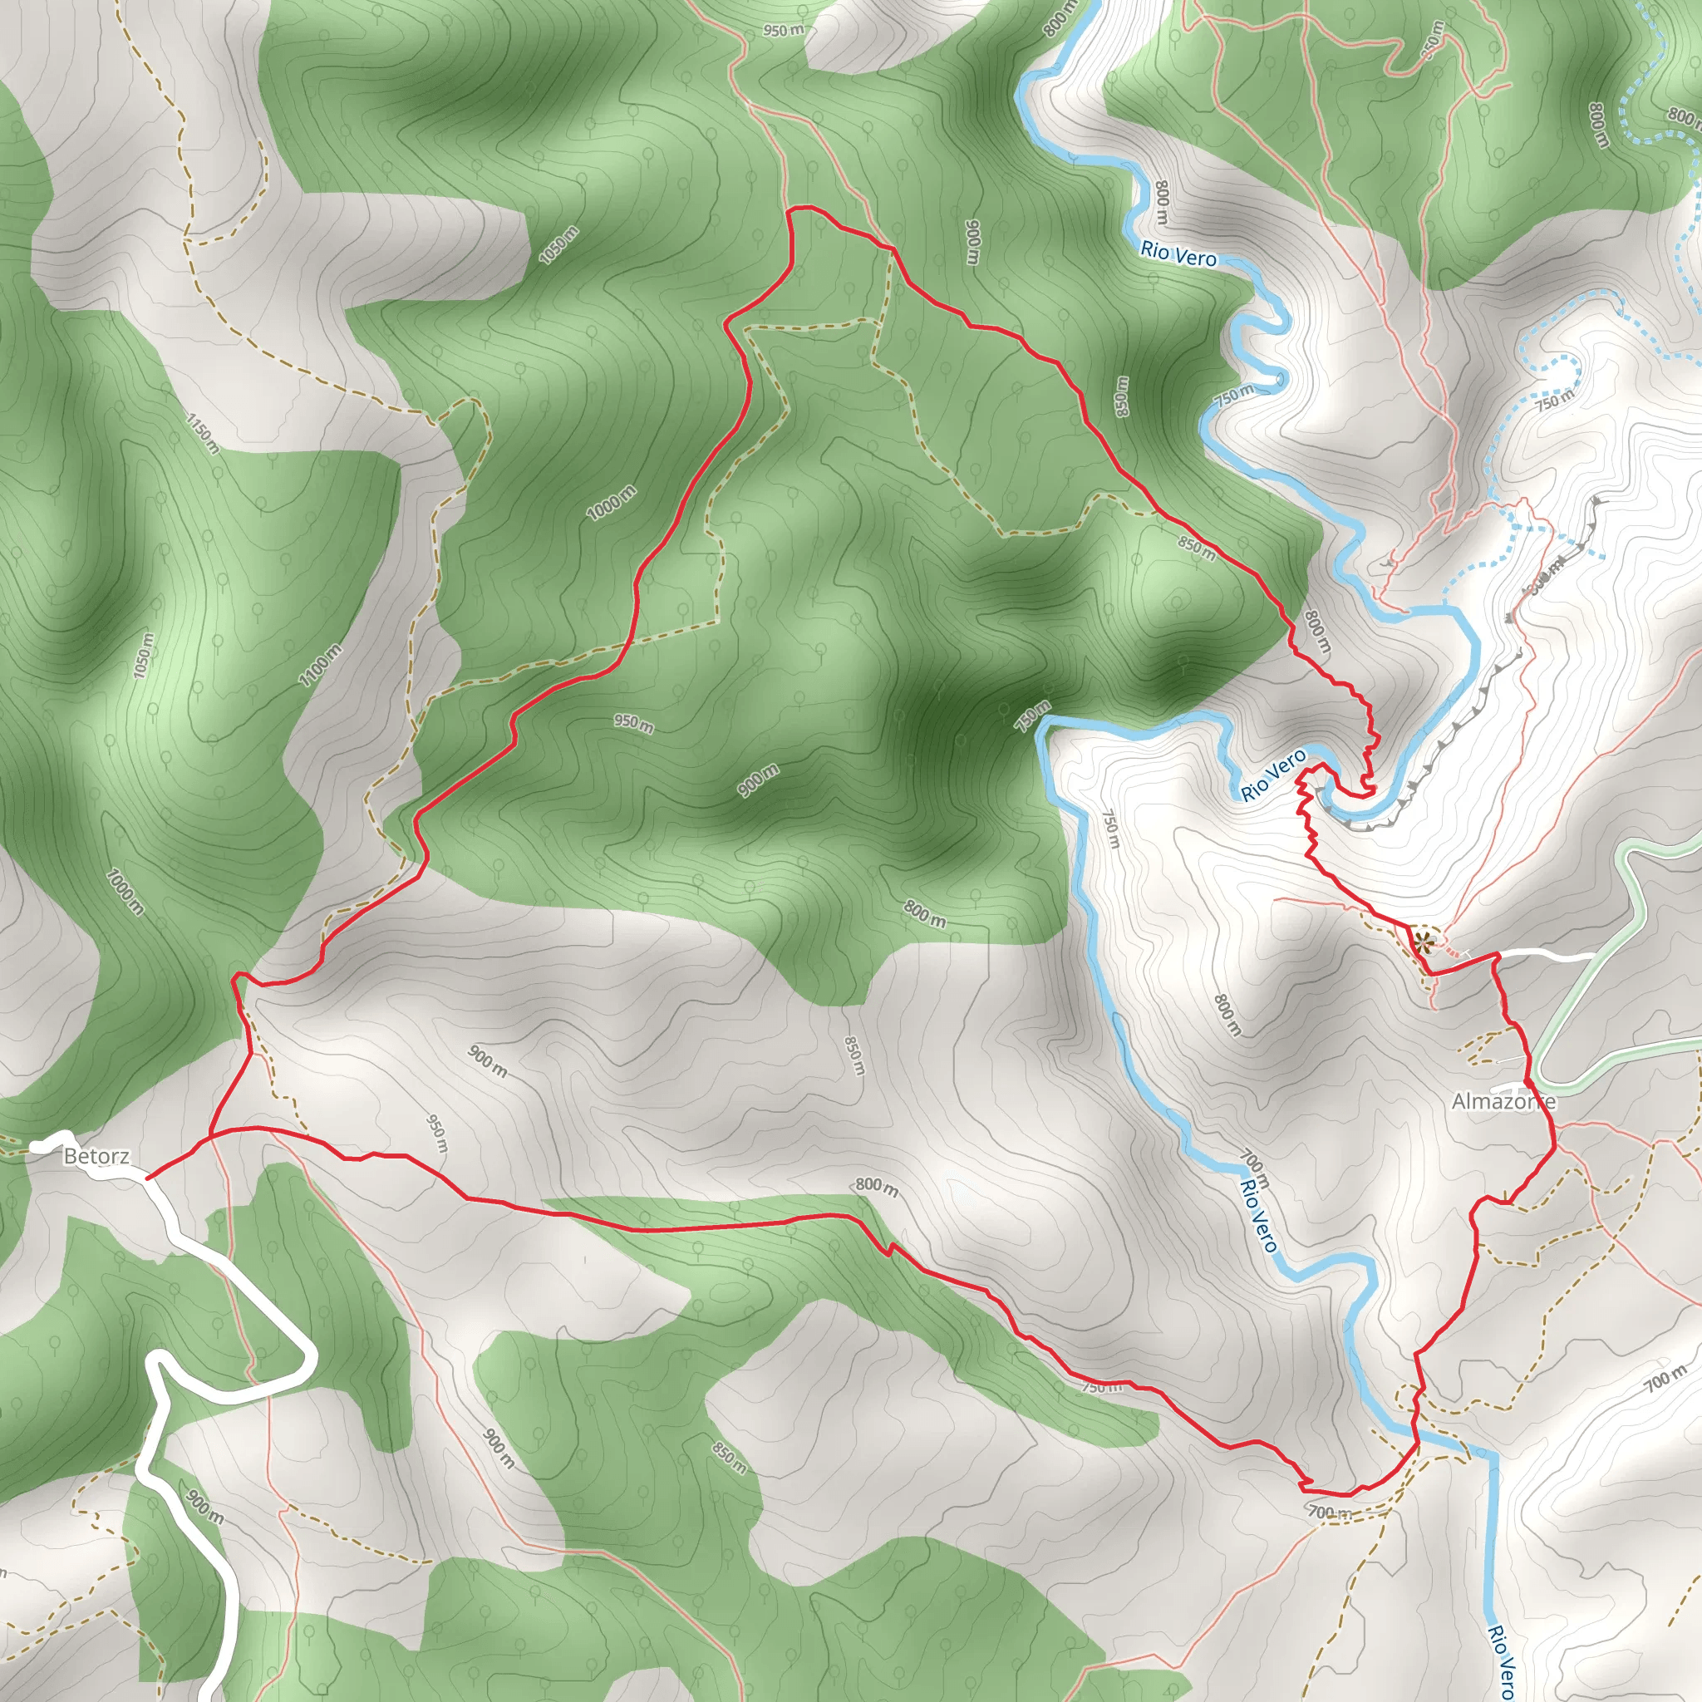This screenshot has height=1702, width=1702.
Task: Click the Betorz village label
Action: point(96,1156)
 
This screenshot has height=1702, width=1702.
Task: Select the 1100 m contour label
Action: point(319,666)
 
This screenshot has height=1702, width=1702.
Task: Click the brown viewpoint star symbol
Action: point(1422,944)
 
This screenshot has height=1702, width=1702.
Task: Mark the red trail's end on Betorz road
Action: point(147,1177)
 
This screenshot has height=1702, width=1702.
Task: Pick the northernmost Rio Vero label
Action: point(1178,253)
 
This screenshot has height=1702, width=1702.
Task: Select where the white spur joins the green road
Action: point(1593,956)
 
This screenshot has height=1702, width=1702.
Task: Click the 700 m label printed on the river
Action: point(1254,1168)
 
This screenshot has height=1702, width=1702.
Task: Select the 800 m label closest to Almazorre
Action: point(1227,1014)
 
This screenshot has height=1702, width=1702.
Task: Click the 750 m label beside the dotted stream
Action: point(1555,401)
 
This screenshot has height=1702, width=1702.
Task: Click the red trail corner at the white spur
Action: point(1496,955)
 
